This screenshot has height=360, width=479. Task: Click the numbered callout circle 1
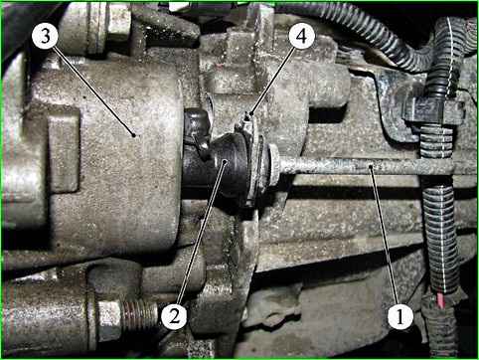click(400, 316)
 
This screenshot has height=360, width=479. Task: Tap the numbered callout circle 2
click(174, 316)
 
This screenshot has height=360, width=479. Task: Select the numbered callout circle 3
click(46, 36)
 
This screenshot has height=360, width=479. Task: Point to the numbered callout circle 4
click(301, 36)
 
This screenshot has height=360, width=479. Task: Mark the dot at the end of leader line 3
click(133, 135)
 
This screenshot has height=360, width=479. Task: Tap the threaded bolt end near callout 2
click(139, 315)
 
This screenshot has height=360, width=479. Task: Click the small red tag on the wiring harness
click(441, 300)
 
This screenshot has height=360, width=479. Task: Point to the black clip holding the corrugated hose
click(432, 112)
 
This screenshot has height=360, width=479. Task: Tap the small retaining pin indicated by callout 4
click(247, 118)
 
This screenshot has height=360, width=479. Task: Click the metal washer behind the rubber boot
click(254, 166)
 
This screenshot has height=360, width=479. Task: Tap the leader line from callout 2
click(201, 232)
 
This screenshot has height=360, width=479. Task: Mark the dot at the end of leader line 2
click(226, 161)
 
